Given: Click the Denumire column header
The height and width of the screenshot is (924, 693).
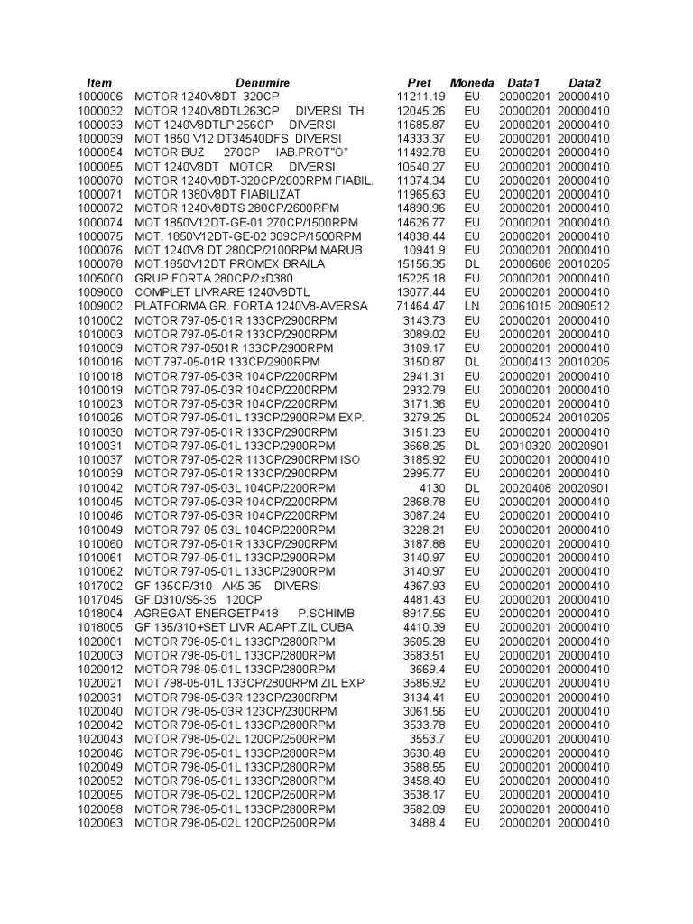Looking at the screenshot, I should tap(258, 82).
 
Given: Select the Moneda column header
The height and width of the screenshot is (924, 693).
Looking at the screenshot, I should tap(472, 82).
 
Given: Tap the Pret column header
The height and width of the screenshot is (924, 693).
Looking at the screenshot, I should tap(420, 82).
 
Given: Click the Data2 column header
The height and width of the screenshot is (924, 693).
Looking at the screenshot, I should tap(584, 82).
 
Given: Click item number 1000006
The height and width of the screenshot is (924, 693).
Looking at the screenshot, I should tap(99, 97).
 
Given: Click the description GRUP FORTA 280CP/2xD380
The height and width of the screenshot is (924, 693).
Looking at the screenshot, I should tap(214, 278).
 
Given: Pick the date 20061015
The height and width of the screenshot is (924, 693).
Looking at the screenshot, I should tap(524, 306).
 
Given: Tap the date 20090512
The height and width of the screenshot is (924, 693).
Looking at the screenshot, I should tap(584, 306).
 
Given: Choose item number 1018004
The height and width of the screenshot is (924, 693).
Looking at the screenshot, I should tap(99, 614).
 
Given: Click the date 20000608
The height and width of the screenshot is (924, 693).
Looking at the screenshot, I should tap(524, 264).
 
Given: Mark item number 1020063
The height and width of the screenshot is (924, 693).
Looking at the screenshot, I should tap(99, 823).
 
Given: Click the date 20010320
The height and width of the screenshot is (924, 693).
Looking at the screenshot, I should tap(524, 446).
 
